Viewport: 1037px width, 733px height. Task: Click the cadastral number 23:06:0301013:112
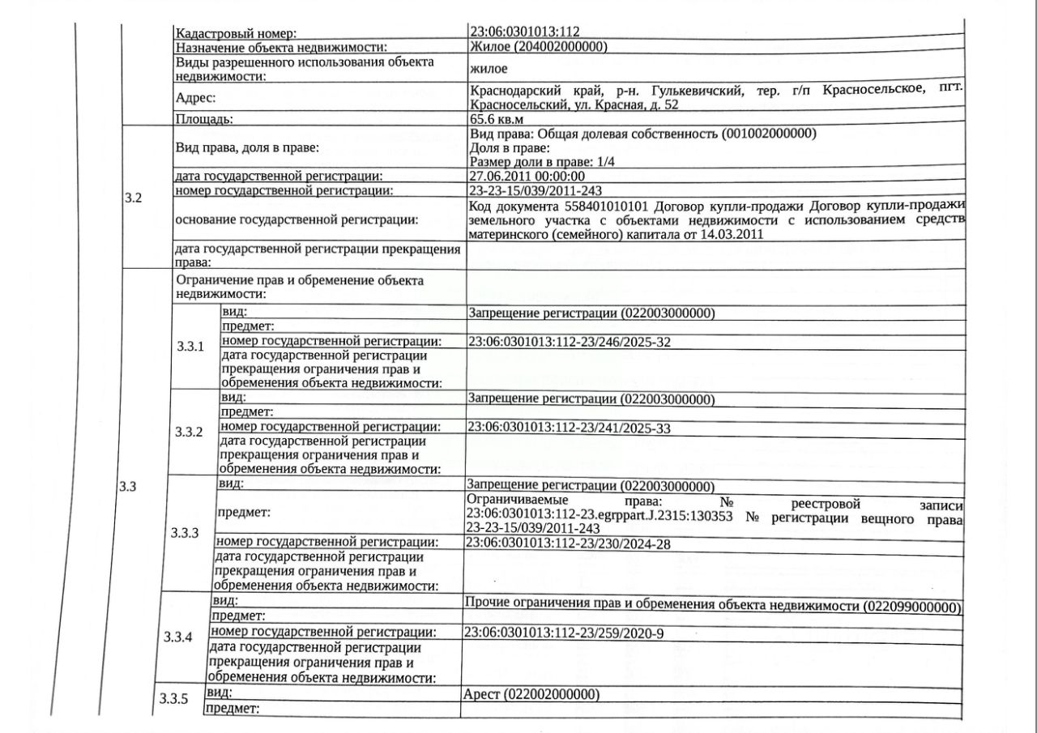[x=525, y=32]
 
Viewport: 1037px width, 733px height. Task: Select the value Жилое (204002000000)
[x=539, y=47]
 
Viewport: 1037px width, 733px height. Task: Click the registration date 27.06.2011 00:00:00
[x=527, y=176]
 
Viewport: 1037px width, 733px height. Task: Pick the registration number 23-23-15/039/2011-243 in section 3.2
[x=535, y=190]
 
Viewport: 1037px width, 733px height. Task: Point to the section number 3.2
[x=134, y=198]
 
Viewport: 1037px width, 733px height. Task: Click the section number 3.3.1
[x=190, y=347]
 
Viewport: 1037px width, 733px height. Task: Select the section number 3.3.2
[x=189, y=431]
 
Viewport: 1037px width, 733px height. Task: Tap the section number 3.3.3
[x=185, y=533]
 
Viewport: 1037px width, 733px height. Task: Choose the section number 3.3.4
[x=178, y=637]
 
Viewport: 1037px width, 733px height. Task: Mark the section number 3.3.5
[x=173, y=698]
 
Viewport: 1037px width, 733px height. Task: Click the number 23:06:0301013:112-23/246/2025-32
[x=570, y=342]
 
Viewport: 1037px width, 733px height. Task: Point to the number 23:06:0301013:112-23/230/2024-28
[x=569, y=543]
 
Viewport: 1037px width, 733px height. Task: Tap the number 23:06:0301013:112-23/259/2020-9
[x=564, y=633]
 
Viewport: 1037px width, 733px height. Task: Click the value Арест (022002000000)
[x=531, y=695]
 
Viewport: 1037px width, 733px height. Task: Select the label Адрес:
[x=196, y=98]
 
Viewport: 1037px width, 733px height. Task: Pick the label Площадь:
[x=204, y=119]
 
